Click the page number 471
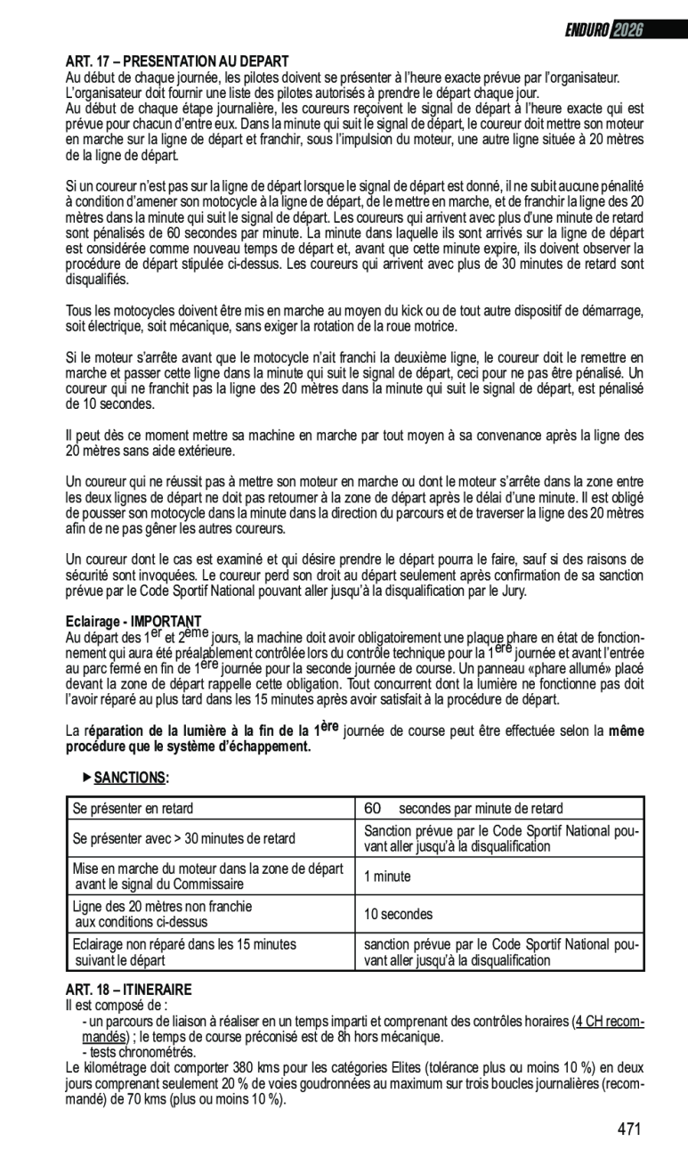click(x=628, y=1129)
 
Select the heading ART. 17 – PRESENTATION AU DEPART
click(x=177, y=61)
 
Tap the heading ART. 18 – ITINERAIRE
click(x=128, y=990)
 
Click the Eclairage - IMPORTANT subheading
click(x=134, y=621)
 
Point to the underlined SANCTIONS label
click(x=130, y=778)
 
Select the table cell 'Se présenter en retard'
click(x=133, y=809)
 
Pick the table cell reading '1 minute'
click(x=386, y=877)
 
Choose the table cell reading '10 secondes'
click(x=397, y=915)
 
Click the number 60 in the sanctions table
click(x=372, y=809)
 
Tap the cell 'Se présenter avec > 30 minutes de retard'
click(x=183, y=839)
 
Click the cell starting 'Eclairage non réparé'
click(x=184, y=952)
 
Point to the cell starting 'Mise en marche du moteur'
click(x=206, y=877)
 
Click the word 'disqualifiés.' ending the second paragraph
click(x=98, y=279)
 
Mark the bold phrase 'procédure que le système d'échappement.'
click(x=189, y=746)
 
